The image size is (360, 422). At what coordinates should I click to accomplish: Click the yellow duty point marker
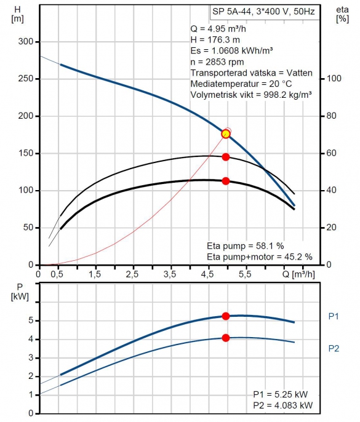(226, 133)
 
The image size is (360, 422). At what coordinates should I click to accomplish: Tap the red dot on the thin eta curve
(226, 157)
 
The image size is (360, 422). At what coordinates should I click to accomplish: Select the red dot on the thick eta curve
(226, 181)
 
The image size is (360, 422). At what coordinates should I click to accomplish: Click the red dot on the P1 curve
(226, 316)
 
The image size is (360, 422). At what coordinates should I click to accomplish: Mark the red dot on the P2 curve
(226, 338)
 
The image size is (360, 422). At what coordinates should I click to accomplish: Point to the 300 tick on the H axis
(26, 42)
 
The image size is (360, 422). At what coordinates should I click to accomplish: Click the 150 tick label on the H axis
(26, 153)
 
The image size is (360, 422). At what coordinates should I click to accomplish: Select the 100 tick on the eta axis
(334, 78)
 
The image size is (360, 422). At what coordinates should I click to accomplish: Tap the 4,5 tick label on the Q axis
(207, 274)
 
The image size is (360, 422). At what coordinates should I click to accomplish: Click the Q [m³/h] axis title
(298, 274)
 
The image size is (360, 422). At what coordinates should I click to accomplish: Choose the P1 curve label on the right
(334, 316)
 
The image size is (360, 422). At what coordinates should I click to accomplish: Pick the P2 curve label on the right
(334, 349)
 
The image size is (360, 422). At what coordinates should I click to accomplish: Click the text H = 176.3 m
(215, 40)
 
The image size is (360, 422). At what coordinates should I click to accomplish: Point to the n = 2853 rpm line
(217, 62)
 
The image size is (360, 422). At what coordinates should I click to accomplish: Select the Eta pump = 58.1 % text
(246, 245)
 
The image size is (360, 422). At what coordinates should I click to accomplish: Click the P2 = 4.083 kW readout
(283, 405)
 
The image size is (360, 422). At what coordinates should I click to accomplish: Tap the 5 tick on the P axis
(31, 320)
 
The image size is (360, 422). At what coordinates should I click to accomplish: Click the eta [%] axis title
(342, 15)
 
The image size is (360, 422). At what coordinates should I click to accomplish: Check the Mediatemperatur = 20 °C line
(241, 84)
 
